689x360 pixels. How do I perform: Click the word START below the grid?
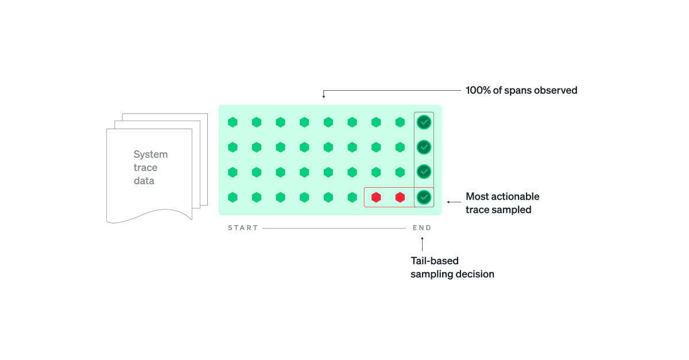[x=243, y=228]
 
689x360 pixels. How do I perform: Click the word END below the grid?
[x=422, y=228]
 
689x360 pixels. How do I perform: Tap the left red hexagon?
[x=376, y=198]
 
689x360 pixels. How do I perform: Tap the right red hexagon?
[x=400, y=198]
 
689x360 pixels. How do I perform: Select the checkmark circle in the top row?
[x=424, y=122]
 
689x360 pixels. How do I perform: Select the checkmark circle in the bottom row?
[x=424, y=198]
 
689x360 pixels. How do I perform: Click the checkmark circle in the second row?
[x=424, y=147]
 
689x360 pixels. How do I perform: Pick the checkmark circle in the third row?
[x=424, y=172]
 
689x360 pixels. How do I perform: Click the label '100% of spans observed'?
[x=521, y=90]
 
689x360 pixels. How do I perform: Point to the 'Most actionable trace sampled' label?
[x=502, y=203]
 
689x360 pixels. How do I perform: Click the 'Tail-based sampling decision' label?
[x=452, y=268]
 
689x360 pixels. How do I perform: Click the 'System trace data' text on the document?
[x=150, y=168]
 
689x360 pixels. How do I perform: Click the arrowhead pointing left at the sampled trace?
[x=449, y=202]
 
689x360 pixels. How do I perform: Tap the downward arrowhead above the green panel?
[x=323, y=96]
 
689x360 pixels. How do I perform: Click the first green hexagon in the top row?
[x=233, y=122]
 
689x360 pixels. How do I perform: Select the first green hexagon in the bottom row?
[x=233, y=198]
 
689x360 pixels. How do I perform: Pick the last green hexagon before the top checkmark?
[x=400, y=122]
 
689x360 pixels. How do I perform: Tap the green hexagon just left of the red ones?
[x=352, y=198]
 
